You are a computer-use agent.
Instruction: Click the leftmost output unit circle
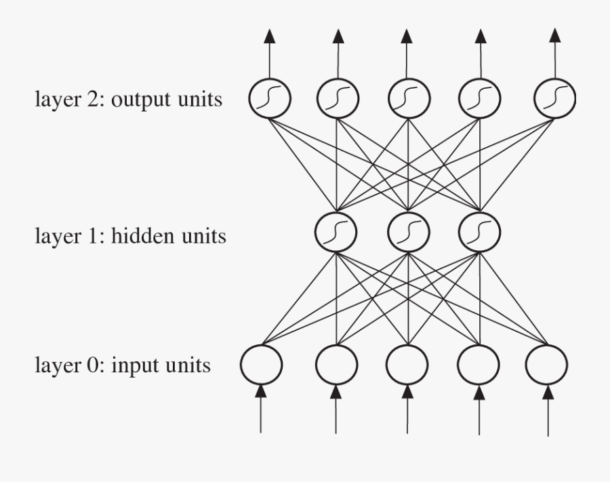coord(269,98)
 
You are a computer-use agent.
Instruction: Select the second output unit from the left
coord(337,98)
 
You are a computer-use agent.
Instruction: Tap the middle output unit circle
coord(408,98)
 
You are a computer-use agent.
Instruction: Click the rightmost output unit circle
coord(554,98)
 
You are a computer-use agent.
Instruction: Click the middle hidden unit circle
coord(408,232)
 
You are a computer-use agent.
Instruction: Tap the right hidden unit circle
coord(479,232)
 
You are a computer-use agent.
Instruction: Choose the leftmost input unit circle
coord(262,364)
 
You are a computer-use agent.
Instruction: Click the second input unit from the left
coord(336,364)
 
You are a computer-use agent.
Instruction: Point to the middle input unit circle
coord(407,364)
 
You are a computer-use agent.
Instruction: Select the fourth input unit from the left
coord(479,364)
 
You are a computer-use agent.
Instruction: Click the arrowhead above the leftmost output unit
coord(269,36)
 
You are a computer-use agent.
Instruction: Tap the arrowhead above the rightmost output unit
coord(554,36)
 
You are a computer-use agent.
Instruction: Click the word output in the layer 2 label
coord(138,100)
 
